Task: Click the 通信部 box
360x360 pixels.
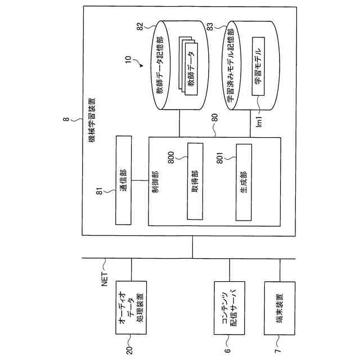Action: pyautogui.click(x=125, y=181)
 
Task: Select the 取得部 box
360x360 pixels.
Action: pyautogui.click(x=195, y=182)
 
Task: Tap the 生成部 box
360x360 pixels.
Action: pyautogui.click(x=244, y=182)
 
